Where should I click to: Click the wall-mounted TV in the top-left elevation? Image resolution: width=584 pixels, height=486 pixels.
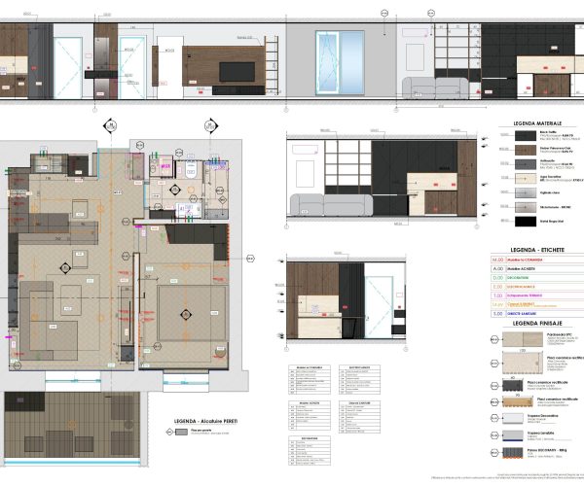tap(232, 72)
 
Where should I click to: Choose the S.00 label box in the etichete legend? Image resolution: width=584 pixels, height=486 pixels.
tap(498, 314)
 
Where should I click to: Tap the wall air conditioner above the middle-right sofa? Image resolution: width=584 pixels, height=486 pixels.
tap(304, 149)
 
